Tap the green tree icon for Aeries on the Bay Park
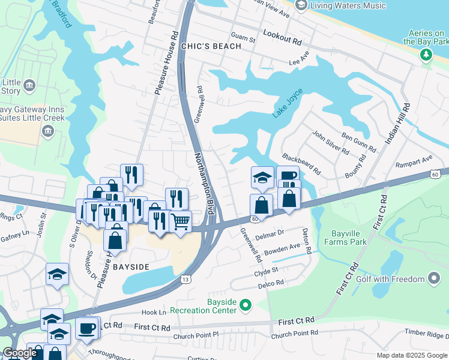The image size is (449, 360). click(x=426, y=55)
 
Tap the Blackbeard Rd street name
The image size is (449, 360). click(x=301, y=163)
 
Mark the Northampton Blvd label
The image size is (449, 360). click(x=204, y=184)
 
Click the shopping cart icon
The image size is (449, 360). click(x=180, y=221)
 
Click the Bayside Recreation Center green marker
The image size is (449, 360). click(x=244, y=305)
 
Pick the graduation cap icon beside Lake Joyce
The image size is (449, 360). click(x=262, y=176)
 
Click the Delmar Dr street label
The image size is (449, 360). click(x=269, y=233)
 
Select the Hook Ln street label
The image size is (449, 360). click(x=154, y=313)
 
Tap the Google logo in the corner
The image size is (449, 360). click(x=20, y=353)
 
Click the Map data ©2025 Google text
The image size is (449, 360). click(x=411, y=355)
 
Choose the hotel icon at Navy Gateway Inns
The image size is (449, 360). click(x=48, y=131)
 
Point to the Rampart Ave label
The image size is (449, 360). click(x=414, y=159)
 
